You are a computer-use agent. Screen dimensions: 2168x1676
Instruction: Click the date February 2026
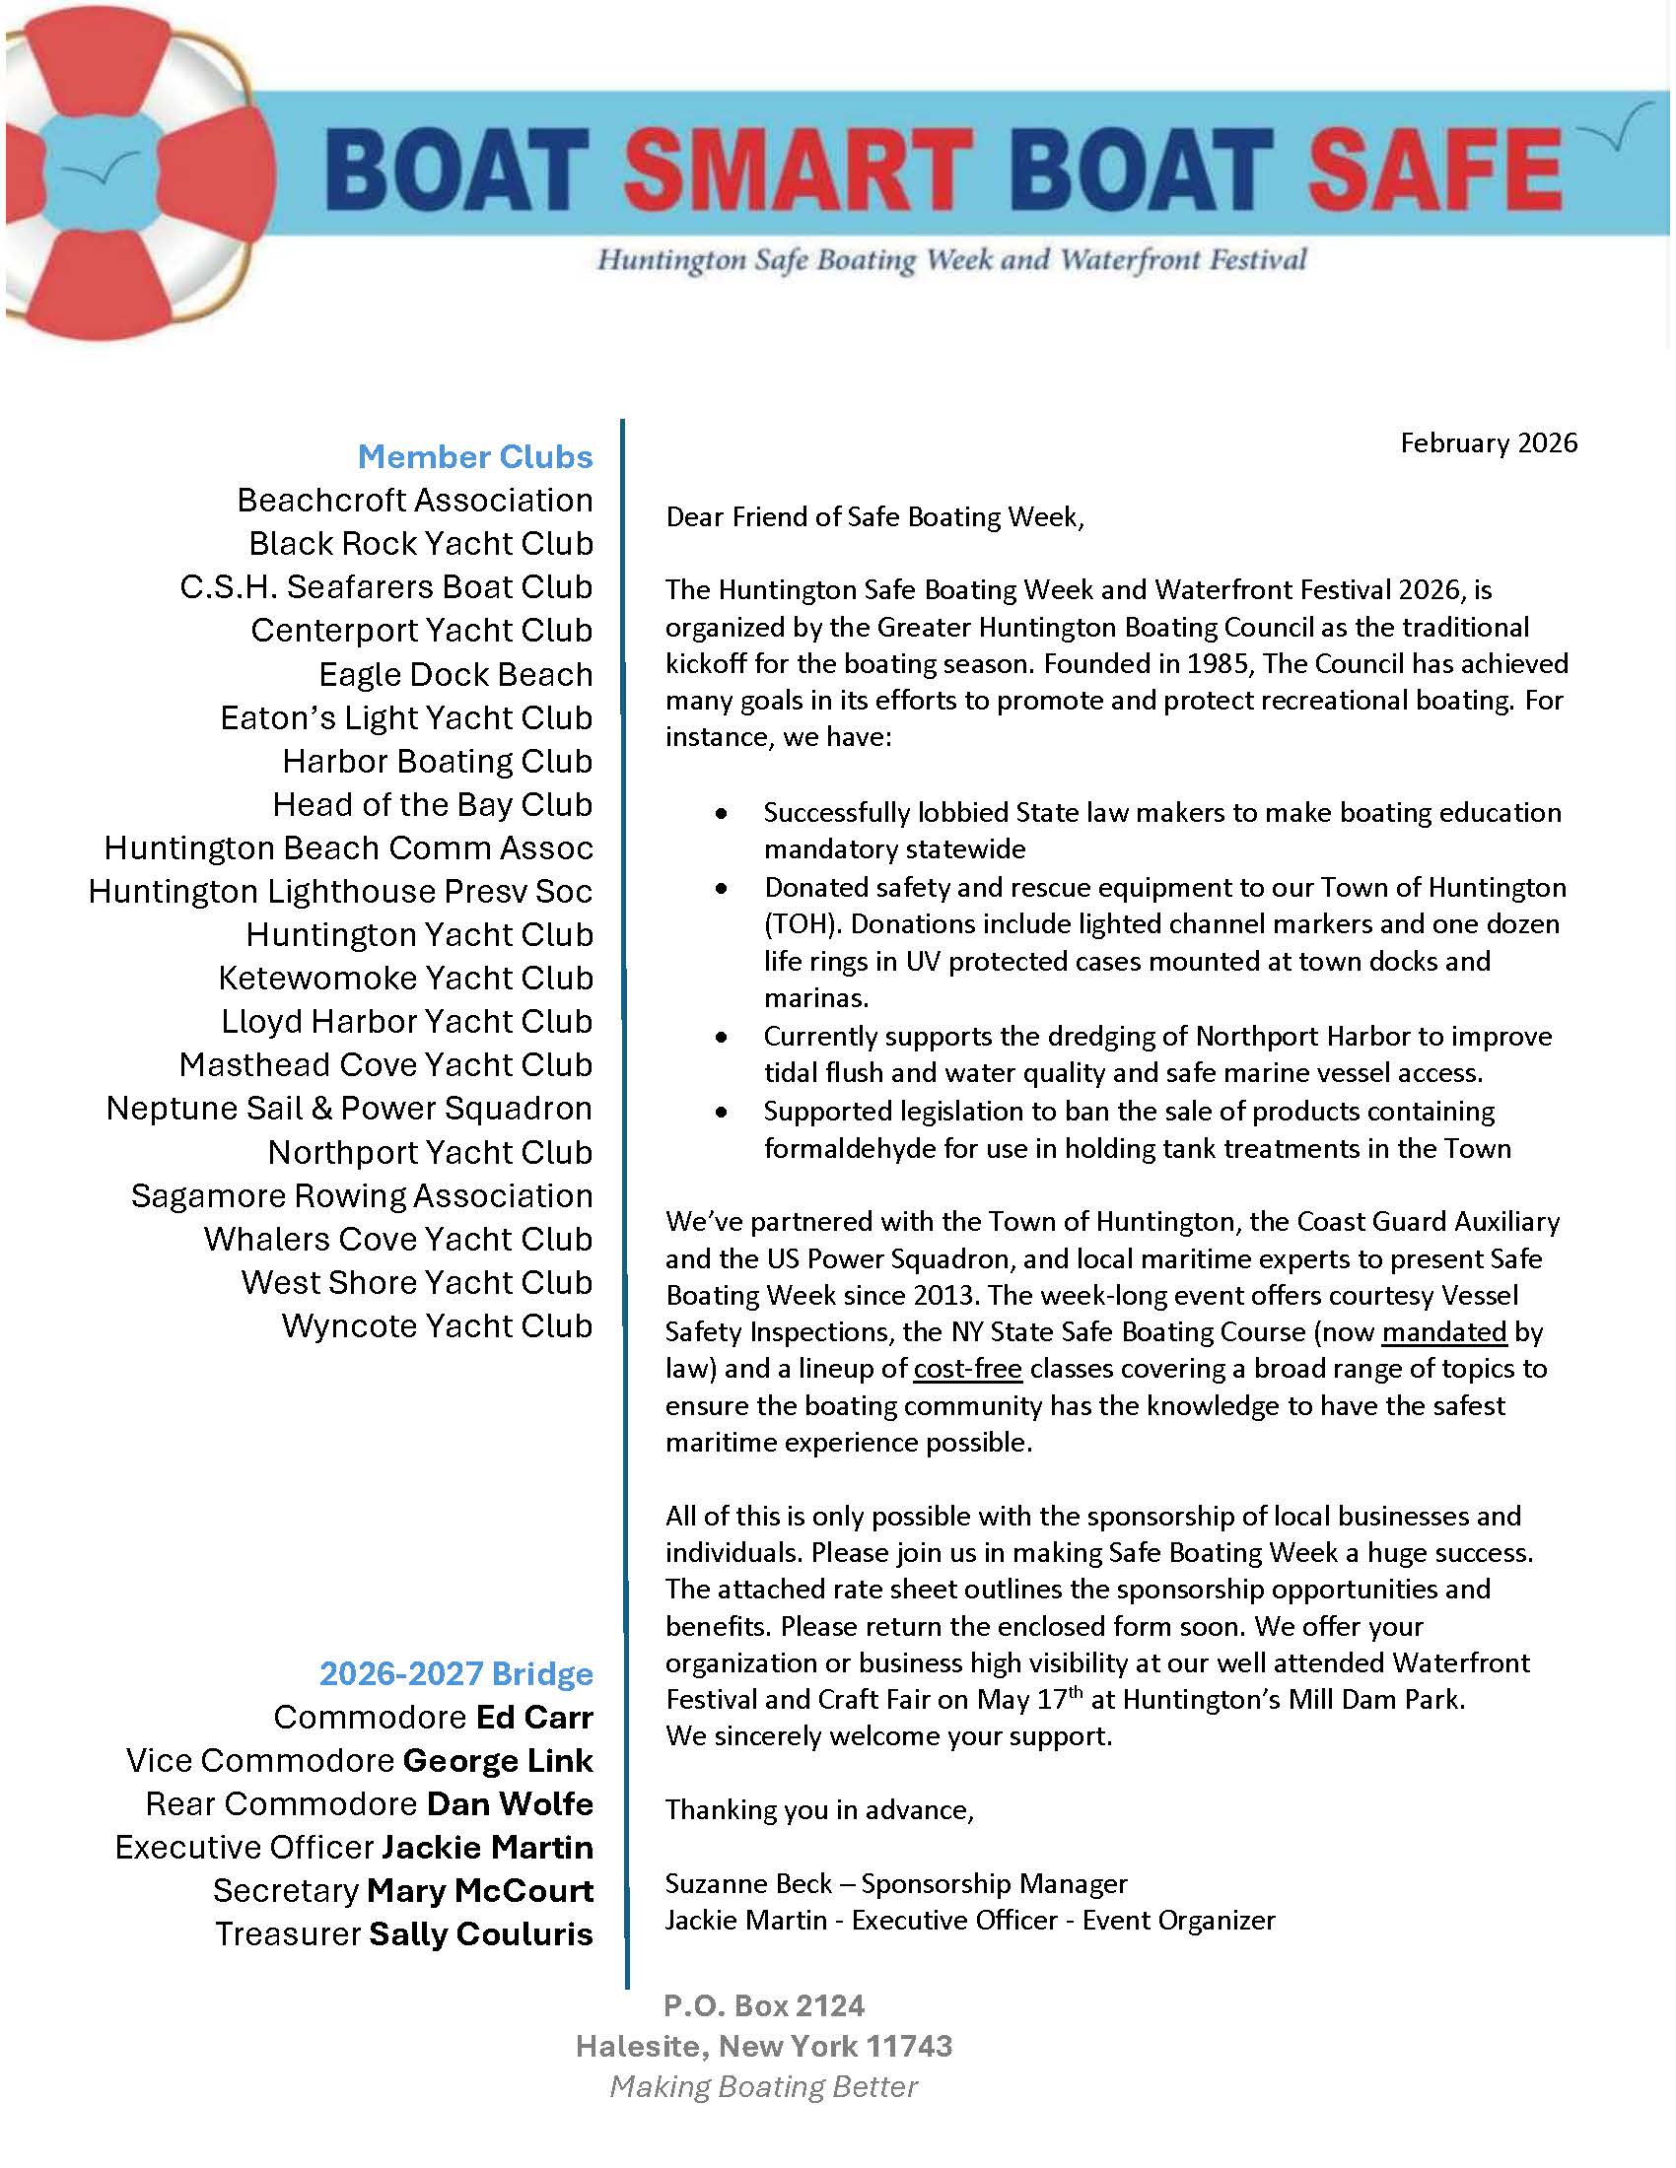1489,442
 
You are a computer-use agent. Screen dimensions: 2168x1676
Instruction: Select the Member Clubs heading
474,456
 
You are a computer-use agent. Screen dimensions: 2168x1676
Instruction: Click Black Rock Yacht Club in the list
421,543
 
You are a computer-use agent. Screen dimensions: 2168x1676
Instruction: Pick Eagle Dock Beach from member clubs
455,674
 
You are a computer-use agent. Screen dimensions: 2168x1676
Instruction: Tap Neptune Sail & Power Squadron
350,1108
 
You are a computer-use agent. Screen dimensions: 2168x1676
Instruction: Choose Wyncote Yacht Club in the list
437,1325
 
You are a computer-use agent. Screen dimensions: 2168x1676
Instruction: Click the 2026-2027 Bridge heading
455,1673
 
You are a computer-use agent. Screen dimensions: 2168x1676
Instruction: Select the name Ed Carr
534,1718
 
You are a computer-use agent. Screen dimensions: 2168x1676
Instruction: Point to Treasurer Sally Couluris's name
480,1933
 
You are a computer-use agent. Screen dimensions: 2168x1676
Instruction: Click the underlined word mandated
1443,1331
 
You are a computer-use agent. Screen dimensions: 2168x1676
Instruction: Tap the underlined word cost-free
967,1369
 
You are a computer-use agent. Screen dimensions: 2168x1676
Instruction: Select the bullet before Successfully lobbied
721,813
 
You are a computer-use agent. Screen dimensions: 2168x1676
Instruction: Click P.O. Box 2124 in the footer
763,2006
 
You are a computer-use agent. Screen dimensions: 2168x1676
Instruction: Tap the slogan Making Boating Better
763,2086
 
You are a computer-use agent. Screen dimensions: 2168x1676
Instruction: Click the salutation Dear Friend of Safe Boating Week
873,516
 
